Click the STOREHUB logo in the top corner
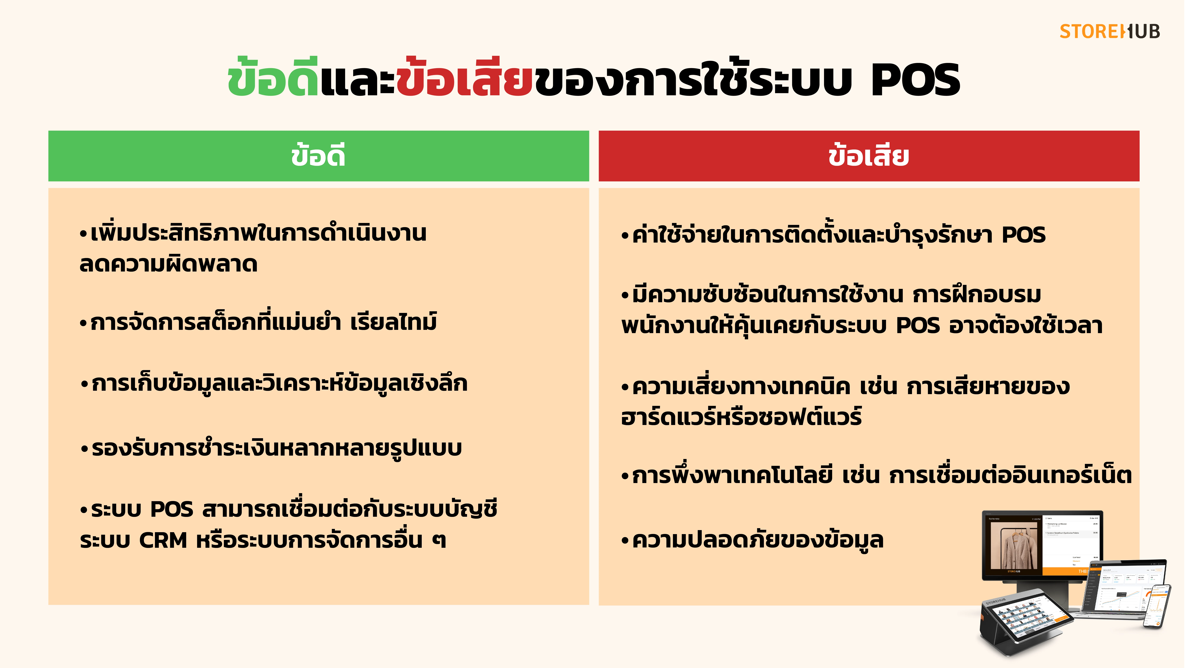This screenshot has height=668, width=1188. coord(1109,32)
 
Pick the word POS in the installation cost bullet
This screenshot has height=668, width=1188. coord(1024,235)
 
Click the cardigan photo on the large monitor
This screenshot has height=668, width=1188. coord(1014,546)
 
